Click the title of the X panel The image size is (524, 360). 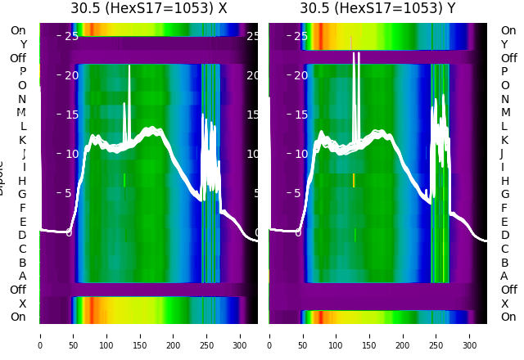[149, 8]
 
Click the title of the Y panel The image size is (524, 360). [378, 8]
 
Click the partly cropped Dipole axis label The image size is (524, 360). [2, 182]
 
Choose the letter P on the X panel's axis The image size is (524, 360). [23, 72]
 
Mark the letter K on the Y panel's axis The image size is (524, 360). [504, 140]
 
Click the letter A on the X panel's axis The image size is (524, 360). [23, 276]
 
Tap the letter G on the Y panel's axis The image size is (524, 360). [504, 195]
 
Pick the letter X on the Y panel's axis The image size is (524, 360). [504, 304]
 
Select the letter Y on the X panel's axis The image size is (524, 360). [23, 44]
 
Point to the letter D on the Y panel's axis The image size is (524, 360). [504, 236]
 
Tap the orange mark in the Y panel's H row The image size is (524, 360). [354, 180]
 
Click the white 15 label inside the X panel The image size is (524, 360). [71, 115]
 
